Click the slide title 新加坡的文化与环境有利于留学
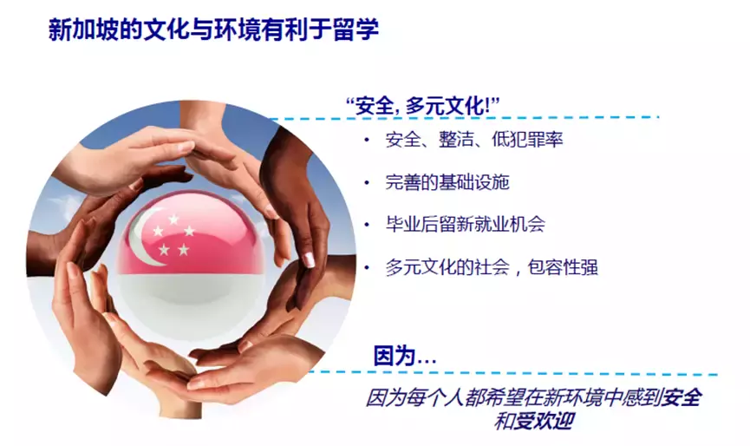coord(212,30)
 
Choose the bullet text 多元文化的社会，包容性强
coord(492,267)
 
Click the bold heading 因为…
coord(404,356)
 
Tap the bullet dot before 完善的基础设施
coord(367,182)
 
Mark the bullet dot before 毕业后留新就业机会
coord(367,225)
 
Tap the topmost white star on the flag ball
coord(173,220)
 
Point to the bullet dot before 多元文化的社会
coord(367,267)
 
